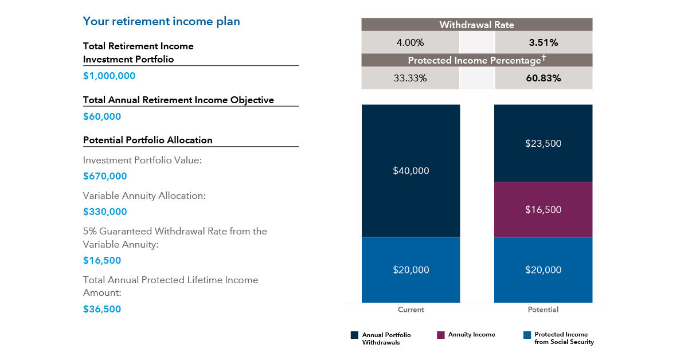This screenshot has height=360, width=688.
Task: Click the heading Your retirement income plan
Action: pyautogui.click(x=161, y=22)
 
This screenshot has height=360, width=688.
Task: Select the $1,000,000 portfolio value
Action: pyautogui.click(x=109, y=76)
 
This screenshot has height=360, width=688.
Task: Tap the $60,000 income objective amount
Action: pyautogui.click(x=102, y=116)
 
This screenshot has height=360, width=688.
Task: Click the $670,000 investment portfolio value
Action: pyautogui.click(x=105, y=176)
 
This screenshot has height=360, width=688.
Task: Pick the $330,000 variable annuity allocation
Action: pyautogui.click(x=105, y=212)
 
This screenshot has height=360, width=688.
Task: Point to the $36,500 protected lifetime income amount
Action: pyautogui.click(x=102, y=309)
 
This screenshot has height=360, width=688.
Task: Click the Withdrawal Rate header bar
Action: pyautogui.click(x=476, y=25)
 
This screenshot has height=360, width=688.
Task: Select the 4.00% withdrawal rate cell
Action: pyautogui.click(x=411, y=42)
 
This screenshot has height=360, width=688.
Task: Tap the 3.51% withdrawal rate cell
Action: pyautogui.click(x=543, y=42)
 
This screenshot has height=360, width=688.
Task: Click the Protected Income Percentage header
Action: pyautogui.click(x=476, y=60)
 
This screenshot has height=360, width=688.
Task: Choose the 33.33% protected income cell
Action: pyautogui.click(x=411, y=78)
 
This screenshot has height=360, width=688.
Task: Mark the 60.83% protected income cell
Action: pyautogui.click(x=543, y=78)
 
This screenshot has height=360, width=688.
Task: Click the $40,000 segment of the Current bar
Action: pyautogui.click(x=411, y=171)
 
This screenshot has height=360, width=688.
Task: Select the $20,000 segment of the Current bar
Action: pyautogui.click(x=411, y=270)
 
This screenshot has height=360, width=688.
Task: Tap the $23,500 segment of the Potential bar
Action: pyautogui.click(x=543, y=143)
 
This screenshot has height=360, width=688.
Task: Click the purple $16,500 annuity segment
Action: pyautogui.click(x=543, y=210)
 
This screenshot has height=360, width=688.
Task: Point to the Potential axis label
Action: pyautogui.click(x=543, y=310)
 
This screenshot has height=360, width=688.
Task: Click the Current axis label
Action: pyautogui.click(x=411, y=310)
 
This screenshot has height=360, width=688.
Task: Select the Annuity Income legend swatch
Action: pyautogui.click(x=440, y=335)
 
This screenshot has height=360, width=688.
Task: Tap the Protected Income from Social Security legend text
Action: pyautogui.click(x=564, y=338)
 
